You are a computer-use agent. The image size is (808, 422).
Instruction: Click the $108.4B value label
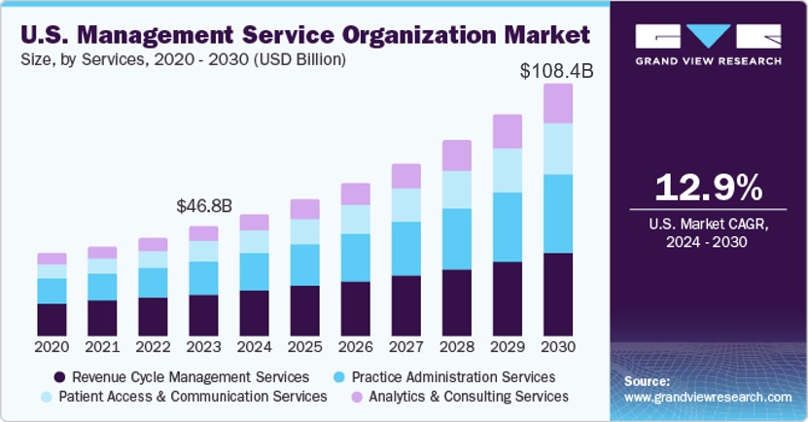(x=556, y=71)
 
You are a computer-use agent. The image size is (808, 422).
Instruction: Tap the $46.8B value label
(x=203, y=206)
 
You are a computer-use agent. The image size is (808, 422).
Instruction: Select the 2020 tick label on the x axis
(x=52, y=346)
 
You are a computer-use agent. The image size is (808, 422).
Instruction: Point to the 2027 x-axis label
(x=406, y=346)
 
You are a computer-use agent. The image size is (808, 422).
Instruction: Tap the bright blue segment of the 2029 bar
(x=508, y=227)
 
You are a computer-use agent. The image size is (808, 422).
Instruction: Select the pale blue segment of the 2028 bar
(x=457, y=189)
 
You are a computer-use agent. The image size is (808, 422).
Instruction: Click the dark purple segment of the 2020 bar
(x=52, y=319)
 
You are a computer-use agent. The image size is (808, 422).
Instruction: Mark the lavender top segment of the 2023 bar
(x=203, y=233)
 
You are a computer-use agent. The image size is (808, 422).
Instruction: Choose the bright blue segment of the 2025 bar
(x=304, y=264)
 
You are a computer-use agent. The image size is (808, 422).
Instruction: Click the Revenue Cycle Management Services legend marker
(x=60, y=376)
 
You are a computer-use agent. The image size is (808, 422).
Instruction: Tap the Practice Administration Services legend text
(x=453, y=376)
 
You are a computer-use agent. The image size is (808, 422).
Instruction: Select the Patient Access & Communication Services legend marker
(x=46, y=397)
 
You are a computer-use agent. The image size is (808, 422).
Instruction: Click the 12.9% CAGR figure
(x=707, y=186)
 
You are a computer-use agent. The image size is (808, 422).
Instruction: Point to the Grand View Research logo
(x=708, y=45)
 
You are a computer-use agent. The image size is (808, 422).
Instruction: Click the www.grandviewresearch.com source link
(x=707, y=398)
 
